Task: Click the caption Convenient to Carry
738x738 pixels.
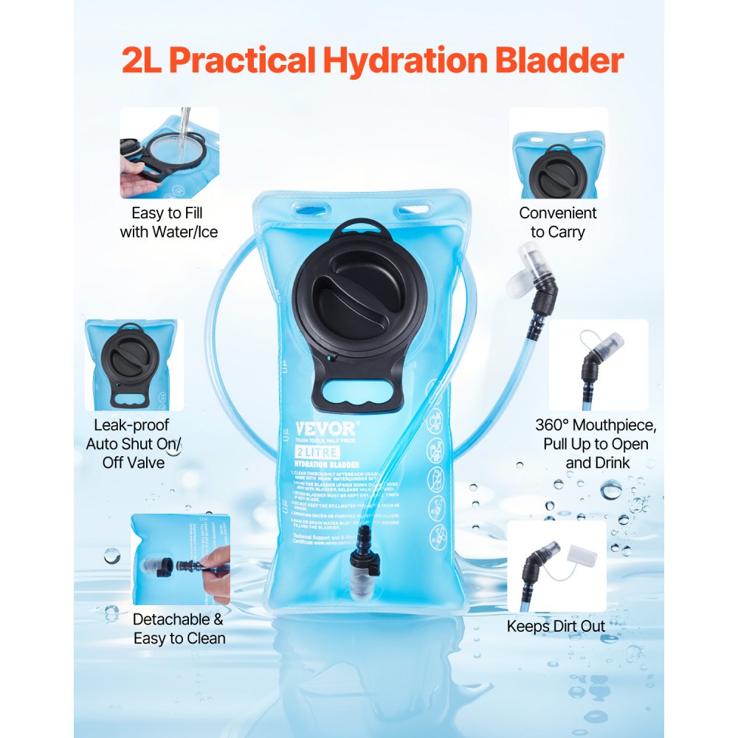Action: (557, 222)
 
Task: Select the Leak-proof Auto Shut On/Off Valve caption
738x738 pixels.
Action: (133, 444)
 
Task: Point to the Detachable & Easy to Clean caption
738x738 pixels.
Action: (179, 629)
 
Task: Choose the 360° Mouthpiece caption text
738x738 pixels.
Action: (596, 444)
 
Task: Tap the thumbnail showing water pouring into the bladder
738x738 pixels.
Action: (170, 153)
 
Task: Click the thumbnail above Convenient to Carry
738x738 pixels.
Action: (559, 153)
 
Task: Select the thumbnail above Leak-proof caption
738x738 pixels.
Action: (133, 365)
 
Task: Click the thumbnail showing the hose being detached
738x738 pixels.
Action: (180, 559)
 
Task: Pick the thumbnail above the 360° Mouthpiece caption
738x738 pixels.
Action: (599, 365)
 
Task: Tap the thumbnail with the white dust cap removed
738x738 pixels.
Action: (556, 565)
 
